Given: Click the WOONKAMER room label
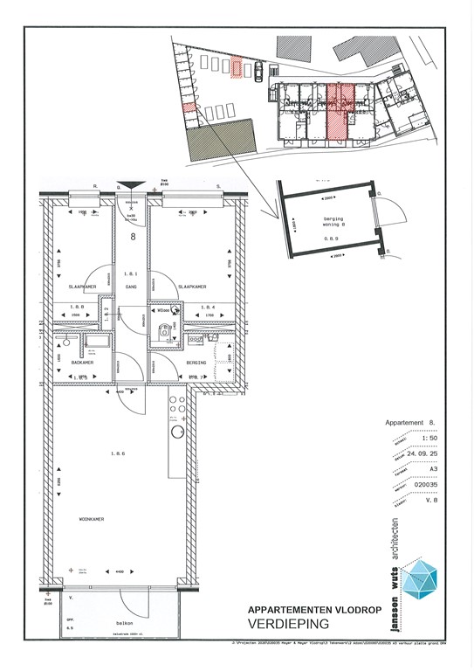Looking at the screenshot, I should click(x=92, y=519).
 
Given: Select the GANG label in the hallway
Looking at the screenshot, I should click(x=132, y=286).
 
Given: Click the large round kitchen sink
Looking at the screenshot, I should click(x=176, y=432).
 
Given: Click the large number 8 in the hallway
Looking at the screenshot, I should click(x=133, y=237).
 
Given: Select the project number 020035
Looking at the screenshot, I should click(x=419, y=504).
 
